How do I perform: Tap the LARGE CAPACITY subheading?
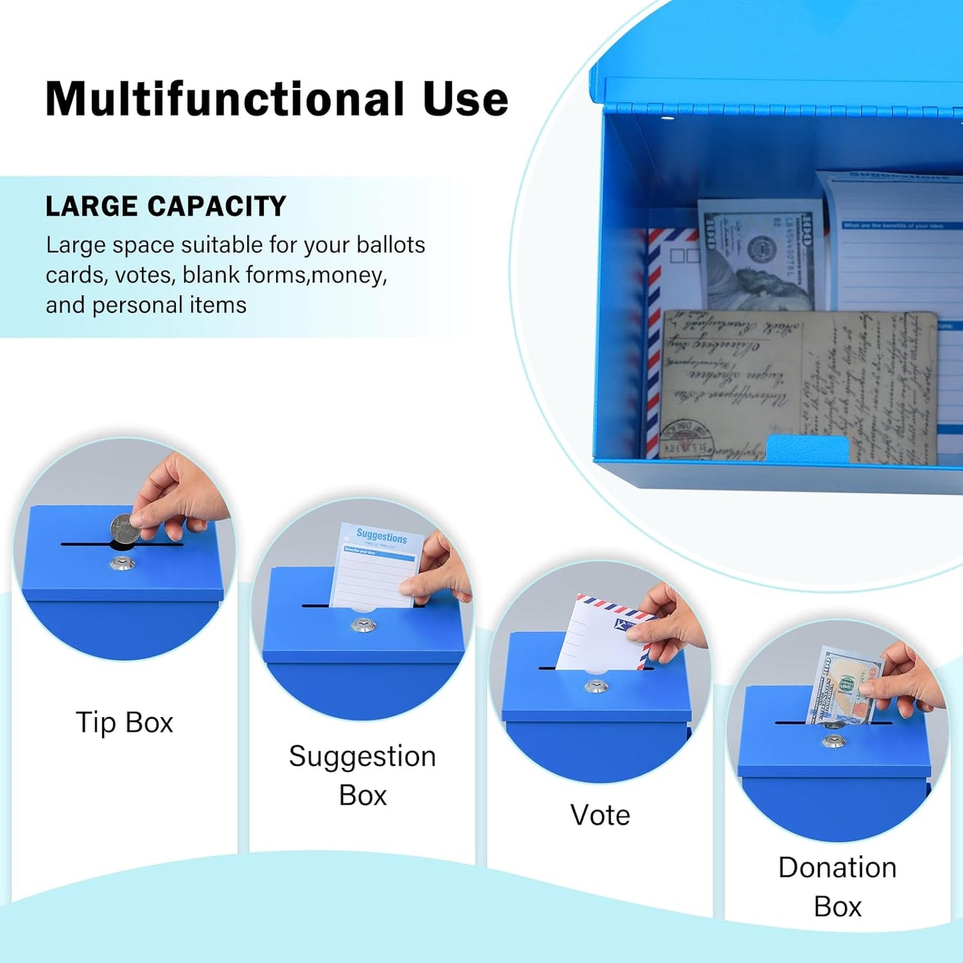(x=165, y=207)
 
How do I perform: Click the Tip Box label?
(x=124, y=722)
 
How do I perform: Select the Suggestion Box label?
(x=362, y=775)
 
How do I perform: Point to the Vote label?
(x=600, y=815)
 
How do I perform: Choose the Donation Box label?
(x=837, y=886)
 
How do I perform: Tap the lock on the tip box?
(x=122, y=563)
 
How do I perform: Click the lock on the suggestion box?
(x=363, y=625)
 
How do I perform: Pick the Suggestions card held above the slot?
(x=377, y=566)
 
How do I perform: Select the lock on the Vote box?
(x=596, y=686)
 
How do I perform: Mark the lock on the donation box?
(x=833, y=740)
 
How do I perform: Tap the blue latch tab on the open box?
(x=807, y=448)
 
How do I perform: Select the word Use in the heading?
(x=465, y=99)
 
